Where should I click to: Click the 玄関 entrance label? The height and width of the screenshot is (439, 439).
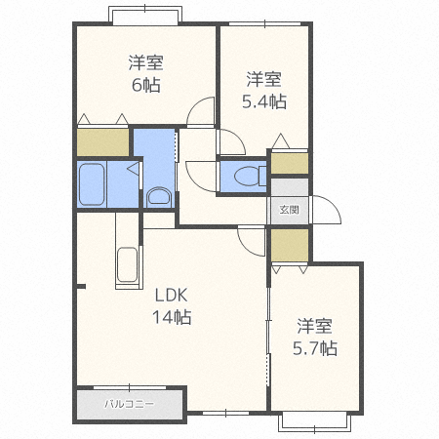point(289,210)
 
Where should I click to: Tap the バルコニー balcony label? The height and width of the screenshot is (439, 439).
point(129,404)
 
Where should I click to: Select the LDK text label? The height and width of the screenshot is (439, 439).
point(172,296)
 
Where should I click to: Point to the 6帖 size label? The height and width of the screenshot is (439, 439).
point(146,85)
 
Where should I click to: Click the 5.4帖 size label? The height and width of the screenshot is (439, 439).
point(264,101)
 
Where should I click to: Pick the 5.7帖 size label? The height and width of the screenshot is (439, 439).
point(315,348)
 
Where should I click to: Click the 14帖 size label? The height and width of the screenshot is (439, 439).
point(172,317)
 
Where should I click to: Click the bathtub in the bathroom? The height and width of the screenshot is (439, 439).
point(92,184)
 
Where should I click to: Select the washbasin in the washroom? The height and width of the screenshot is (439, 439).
point(159,197)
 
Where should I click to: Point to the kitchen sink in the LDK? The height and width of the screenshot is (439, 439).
point(127,264)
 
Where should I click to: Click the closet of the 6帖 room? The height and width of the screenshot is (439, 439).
point(102,142)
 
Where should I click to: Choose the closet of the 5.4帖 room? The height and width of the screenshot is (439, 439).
point(290,163)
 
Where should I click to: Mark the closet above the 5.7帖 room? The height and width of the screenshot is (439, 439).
point(290,245)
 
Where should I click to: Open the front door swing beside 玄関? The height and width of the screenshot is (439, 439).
point(326,210)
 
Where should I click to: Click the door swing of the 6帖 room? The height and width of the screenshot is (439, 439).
point(200,111)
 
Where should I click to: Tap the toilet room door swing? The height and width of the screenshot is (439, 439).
point(201,177)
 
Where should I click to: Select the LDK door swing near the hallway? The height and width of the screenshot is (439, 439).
point(252,241)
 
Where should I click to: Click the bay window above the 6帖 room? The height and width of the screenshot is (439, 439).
point(145,15)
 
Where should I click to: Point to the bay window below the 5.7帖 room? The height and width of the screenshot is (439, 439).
point(315,422)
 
